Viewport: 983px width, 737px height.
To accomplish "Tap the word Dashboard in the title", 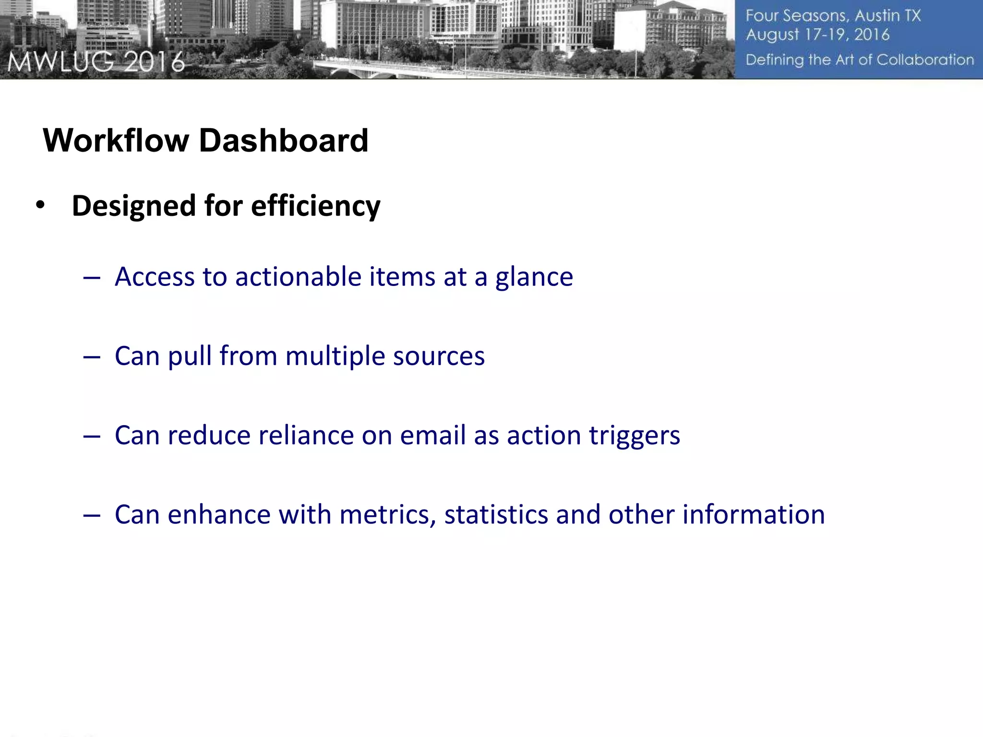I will point(283,141).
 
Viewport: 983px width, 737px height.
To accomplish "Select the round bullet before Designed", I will point(40,205).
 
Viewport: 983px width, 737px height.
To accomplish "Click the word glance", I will point(534,278).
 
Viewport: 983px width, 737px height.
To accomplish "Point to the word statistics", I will point(496,515).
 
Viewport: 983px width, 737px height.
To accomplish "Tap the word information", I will point(753,515).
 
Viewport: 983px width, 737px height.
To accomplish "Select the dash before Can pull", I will point(91,357).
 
